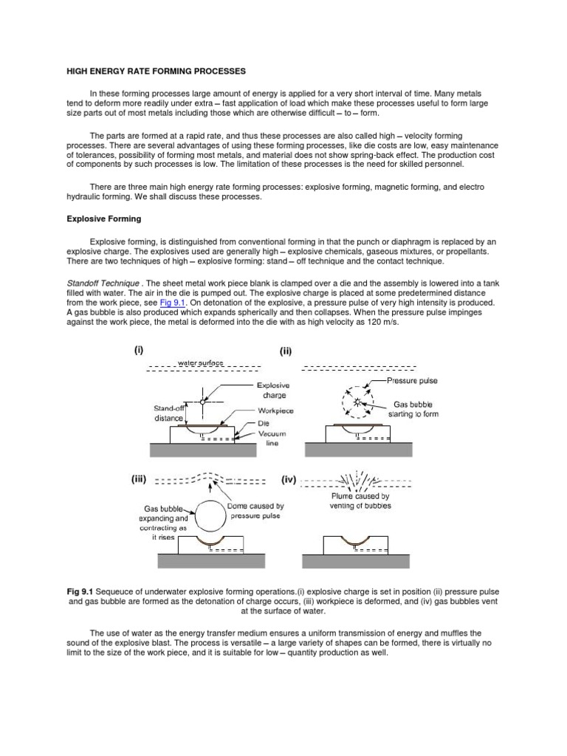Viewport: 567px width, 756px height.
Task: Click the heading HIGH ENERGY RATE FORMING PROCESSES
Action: [x=151, y=71]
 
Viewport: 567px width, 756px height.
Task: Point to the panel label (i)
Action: [x=139, y=351]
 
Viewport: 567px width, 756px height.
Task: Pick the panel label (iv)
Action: [x=289, y=479]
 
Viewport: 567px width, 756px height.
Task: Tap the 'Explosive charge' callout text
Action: [x=273, y=390]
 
